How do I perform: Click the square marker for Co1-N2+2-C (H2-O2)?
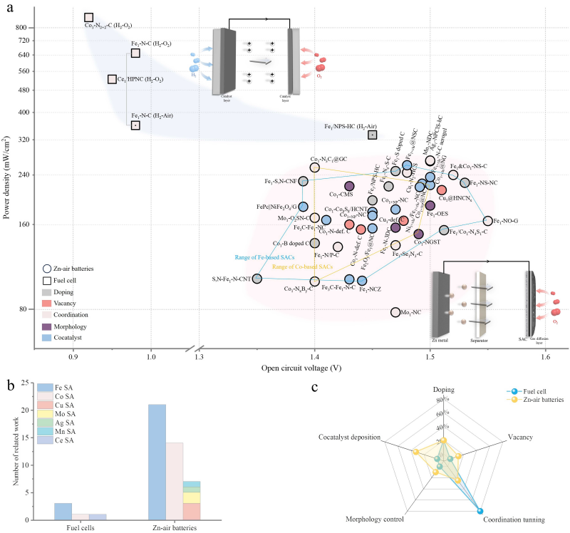pos(89,17)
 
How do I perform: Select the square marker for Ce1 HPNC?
pos(112,79)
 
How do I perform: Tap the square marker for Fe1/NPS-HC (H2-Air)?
pos(372,135)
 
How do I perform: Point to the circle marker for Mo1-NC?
pos(395,312)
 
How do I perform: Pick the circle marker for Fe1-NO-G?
pos(488,221)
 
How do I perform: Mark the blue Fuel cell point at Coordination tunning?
pos(480,511)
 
